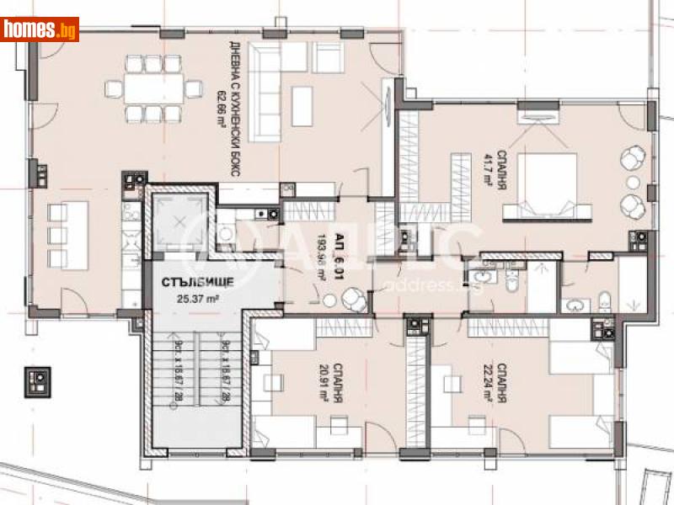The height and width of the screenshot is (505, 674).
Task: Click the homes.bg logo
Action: point(40,29)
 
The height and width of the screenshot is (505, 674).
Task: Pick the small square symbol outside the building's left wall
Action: point(40,381)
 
